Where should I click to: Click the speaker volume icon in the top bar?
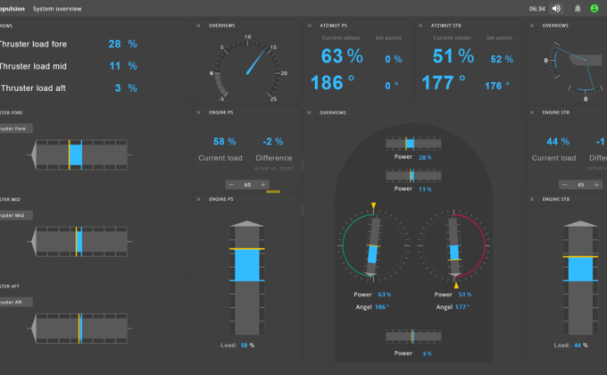(x=557, y=8)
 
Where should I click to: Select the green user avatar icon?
(x=594, y=8)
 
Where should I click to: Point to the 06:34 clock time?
(x=536, y=8)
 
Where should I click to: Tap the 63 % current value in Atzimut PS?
(x=342, y=56)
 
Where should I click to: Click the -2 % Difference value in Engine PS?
(x=273, y=141)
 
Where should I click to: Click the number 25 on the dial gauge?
(x=272, y=98)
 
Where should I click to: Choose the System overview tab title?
(x=57, y=8)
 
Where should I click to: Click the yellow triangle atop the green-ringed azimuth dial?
(x=373, y=207)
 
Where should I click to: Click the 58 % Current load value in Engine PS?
(x=225, y=141)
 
